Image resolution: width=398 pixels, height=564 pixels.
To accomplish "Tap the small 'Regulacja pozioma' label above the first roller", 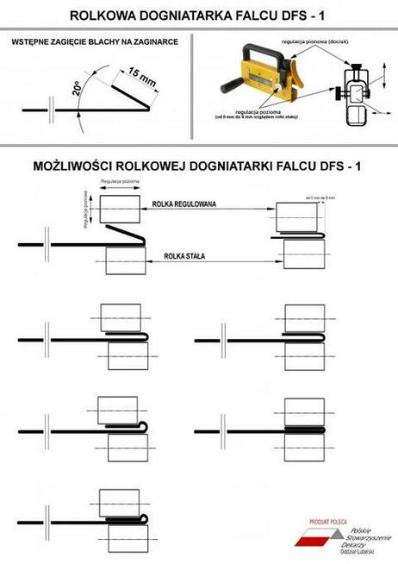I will [x=121, y=182].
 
